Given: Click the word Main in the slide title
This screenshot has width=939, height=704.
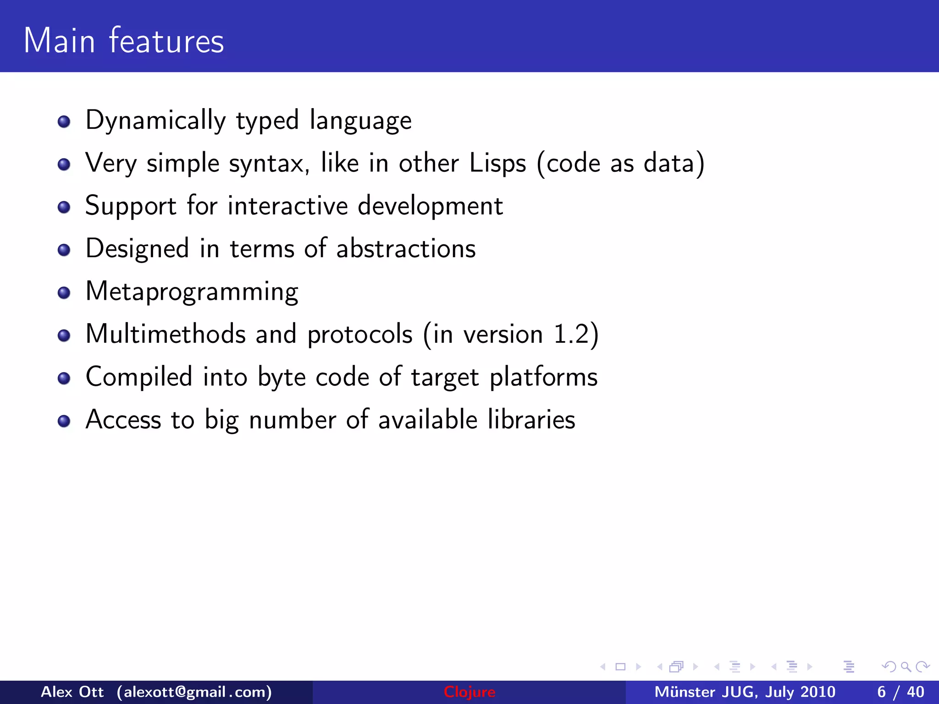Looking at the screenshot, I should point(59,41).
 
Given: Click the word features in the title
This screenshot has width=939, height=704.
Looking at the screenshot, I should point(166,41).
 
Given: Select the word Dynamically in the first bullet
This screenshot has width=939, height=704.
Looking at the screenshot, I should point(155,121).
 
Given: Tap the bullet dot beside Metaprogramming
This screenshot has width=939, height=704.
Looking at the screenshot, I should point(64,293).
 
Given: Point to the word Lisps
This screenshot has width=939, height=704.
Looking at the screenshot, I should point(497,163).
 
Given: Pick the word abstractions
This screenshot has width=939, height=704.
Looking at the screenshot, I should point(406,248).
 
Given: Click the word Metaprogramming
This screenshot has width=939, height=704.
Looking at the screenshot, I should point(192,292).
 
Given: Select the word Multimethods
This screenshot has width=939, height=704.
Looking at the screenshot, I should point(166,334).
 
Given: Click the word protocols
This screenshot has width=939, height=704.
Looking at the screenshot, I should point(360,335).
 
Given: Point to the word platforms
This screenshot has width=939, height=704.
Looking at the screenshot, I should point(544,377).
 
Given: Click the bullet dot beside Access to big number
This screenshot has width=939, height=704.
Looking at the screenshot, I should point(64,421).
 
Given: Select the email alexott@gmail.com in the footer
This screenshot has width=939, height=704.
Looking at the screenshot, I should point(194,692).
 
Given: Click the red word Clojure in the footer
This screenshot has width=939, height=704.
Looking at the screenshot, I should point(469,692).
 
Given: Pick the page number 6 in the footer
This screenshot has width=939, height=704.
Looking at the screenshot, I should point(881,692).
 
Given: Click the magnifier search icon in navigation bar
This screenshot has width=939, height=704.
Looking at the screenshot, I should point(906,666).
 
